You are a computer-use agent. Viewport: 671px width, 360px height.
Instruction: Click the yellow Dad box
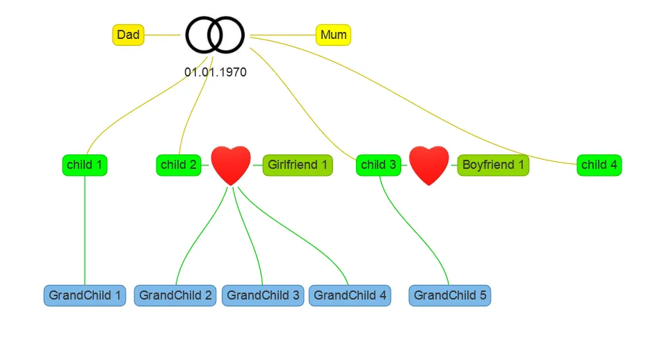128,35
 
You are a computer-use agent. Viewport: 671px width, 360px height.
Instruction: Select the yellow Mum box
333,35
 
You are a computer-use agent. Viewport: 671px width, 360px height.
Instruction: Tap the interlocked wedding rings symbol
215,35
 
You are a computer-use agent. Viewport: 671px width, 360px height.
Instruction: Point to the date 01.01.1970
215,72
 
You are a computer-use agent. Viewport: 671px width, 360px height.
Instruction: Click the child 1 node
84,165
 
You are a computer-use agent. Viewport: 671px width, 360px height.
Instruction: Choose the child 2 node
178,165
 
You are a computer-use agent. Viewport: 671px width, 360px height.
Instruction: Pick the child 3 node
378,165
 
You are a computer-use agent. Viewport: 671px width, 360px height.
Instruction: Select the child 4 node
599,165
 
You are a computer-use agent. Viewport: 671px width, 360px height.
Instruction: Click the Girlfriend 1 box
298,165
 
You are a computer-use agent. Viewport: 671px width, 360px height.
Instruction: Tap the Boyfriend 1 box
493,165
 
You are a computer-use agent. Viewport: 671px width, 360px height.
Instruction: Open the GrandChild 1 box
85,295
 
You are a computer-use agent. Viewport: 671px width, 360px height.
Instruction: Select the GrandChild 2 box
175,295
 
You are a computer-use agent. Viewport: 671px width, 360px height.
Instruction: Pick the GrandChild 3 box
263,295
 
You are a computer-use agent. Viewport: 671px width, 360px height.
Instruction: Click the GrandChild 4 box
350,295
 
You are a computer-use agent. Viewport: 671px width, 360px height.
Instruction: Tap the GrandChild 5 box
450,295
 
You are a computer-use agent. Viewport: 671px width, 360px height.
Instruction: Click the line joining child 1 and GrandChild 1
85,229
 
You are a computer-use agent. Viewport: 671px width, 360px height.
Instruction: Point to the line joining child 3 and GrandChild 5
417,229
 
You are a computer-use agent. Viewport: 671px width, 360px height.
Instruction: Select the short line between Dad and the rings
162,35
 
